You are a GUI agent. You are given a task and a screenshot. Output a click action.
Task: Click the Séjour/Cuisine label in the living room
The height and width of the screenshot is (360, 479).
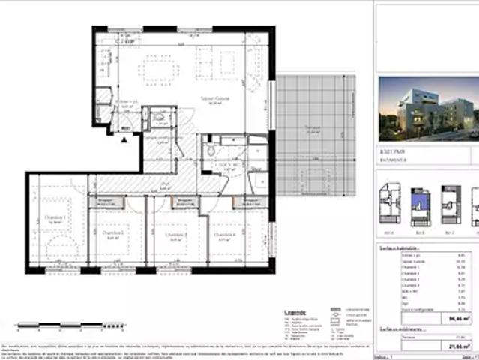click(x=218, y=99)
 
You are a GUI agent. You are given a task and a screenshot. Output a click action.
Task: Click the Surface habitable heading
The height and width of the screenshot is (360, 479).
click(x=397, y=247)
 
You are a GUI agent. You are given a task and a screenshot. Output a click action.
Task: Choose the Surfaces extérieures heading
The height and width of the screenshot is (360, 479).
click(x=400, y=329)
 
